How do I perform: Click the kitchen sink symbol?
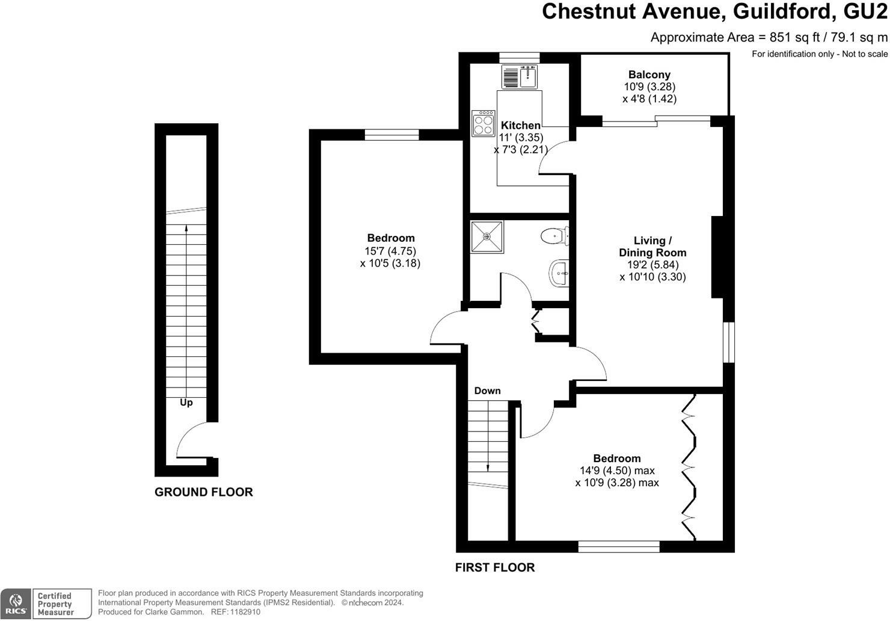(x=520, y=76)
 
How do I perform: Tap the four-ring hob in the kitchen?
(x=483, y=123)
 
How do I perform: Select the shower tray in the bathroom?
(x=487, y=237)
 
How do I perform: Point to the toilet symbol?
(x=554, y=236)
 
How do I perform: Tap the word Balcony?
(x=649, y=75)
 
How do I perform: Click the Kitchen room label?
(x=521, y=125)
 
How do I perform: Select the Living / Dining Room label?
(x=652, y=247)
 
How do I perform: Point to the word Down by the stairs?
(x=487, y=391)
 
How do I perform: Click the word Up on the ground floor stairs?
(x=186, y=403)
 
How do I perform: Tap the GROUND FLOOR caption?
(x=203, y=492)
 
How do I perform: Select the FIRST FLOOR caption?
(x=495, y=567)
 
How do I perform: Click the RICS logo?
(x=16, y=604)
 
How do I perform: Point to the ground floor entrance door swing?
(x=191, y=439)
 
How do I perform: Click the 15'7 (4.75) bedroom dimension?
(x=390, y=252)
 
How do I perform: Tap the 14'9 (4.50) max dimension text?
(x=617, y=471)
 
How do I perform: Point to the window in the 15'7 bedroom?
(x=391, y=135)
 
